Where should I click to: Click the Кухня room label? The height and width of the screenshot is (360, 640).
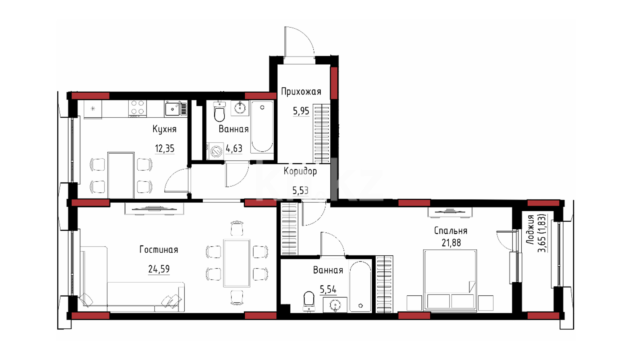tap(164, 129)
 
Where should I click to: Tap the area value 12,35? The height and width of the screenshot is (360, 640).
tap(165, 148)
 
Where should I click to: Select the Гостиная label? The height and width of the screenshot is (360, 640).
tap(159, 250)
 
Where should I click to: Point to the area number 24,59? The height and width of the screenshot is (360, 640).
tap(159, 269)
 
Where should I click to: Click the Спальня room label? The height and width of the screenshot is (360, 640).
tap(451, 231)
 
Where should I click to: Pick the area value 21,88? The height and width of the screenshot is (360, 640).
tap(451, 243)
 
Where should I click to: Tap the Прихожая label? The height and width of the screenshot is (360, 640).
tap(301, 92)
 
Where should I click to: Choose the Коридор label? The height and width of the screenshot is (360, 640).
tap(300, 171)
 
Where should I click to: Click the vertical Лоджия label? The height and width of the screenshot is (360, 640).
tap(530, 230)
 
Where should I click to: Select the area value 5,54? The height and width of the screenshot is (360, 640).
tap(328, 289)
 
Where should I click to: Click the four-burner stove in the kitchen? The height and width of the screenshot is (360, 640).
tap(137, 108)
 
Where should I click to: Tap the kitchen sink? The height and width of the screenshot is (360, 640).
tap(172, 109)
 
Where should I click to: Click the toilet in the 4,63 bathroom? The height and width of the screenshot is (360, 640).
tap(219, 112)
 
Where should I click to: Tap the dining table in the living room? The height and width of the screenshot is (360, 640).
tap(237, 263)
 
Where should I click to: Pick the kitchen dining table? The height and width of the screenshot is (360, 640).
tap(121, 175)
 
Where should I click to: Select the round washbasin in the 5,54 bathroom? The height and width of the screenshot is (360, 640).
tap(335, 305)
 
